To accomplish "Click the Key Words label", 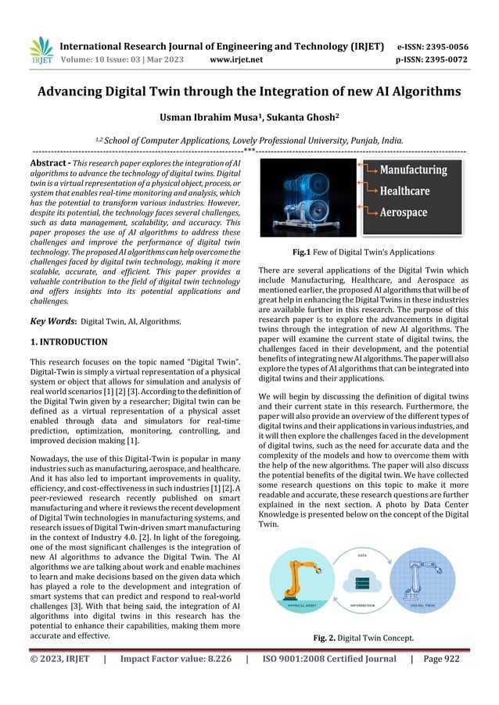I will tap(52, 320).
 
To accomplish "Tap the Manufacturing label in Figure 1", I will tap(414, 170).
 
